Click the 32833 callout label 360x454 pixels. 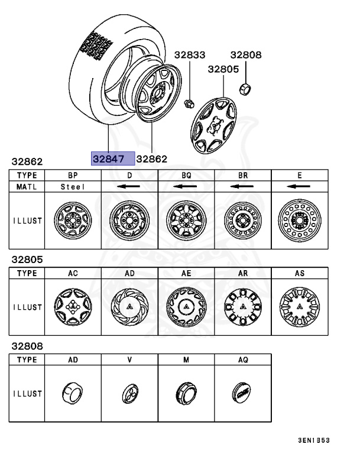190,55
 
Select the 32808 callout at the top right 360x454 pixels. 245,55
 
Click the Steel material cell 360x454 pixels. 73,187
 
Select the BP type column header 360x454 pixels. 73,176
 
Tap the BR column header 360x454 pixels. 243,176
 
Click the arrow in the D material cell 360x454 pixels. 129,187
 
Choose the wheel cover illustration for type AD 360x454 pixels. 129,308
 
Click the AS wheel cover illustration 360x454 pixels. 299,308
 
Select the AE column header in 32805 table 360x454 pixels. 186,274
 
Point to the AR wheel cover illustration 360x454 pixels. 243,308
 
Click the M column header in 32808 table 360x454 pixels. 186,359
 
